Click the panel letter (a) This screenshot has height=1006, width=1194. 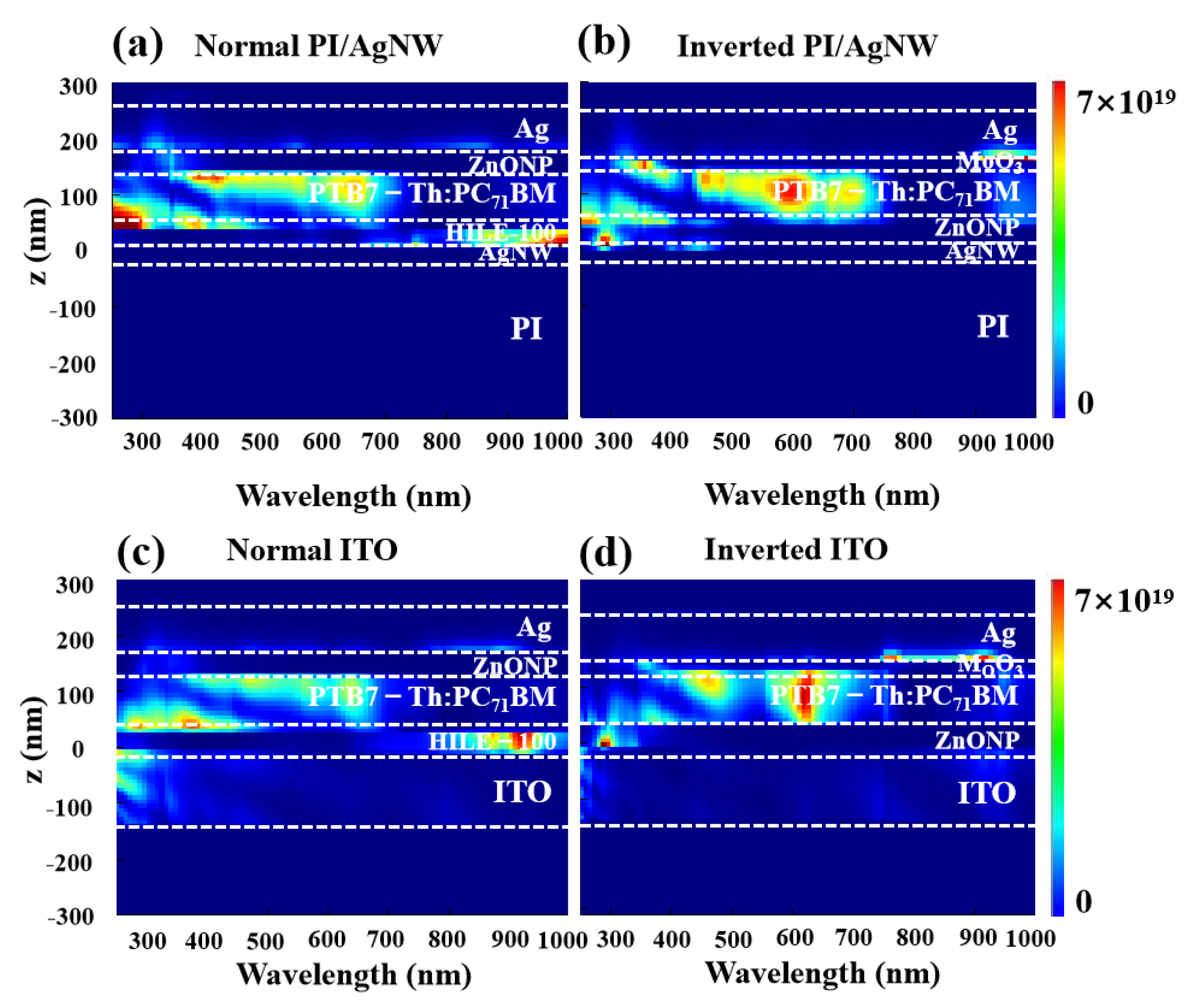(137, 45)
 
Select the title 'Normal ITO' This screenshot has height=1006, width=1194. (311, 550)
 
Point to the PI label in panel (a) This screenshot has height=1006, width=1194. (525, 329)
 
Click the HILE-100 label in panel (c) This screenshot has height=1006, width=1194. (492, 742)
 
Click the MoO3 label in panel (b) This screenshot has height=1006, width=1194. (989, 163)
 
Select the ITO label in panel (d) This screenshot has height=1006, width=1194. (986, 793)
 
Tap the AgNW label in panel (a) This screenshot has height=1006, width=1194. (514, 253)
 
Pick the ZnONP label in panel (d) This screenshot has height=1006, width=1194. (977, 740)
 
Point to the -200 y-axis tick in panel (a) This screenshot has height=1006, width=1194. (72, 364)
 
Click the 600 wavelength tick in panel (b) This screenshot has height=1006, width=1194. (793, 443)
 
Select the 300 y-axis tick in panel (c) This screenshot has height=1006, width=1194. (74, 585)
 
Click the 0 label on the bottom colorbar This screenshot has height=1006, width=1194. (1083, 901)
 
